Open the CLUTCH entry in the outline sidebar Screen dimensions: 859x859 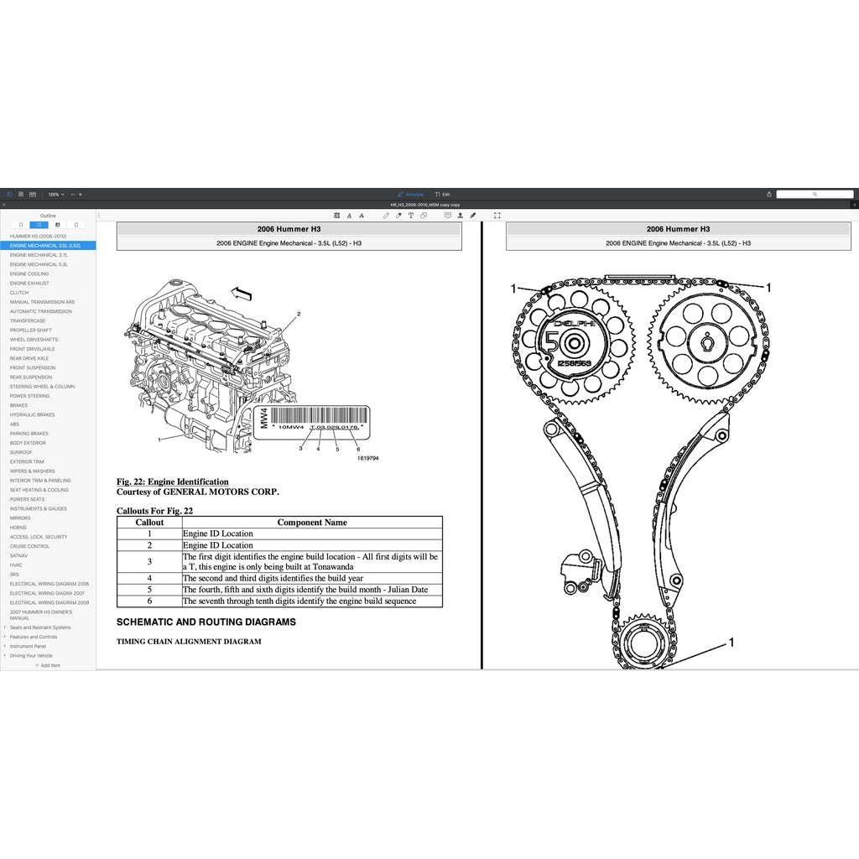coord(19,293)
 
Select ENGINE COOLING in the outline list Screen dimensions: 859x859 coord(29,273)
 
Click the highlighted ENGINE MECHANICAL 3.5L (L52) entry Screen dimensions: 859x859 coord(45,246)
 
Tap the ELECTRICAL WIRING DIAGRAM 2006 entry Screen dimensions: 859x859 coord(49,584)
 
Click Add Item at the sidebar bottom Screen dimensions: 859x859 coord(48,665)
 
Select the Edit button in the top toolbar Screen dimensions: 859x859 coord(443,194)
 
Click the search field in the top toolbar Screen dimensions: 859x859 coord(814,194)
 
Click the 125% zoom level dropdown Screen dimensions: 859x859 coord(55,194)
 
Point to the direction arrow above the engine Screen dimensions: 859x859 coord(242,293)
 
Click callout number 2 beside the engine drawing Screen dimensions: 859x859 coord(298,314)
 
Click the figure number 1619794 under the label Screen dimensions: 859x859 coord(367,458)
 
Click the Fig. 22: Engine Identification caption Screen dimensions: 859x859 coord(172,482)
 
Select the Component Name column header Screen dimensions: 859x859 coord(312,522)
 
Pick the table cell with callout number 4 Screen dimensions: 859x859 coord(149,578)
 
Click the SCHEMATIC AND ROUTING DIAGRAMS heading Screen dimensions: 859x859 coord(206,622)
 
